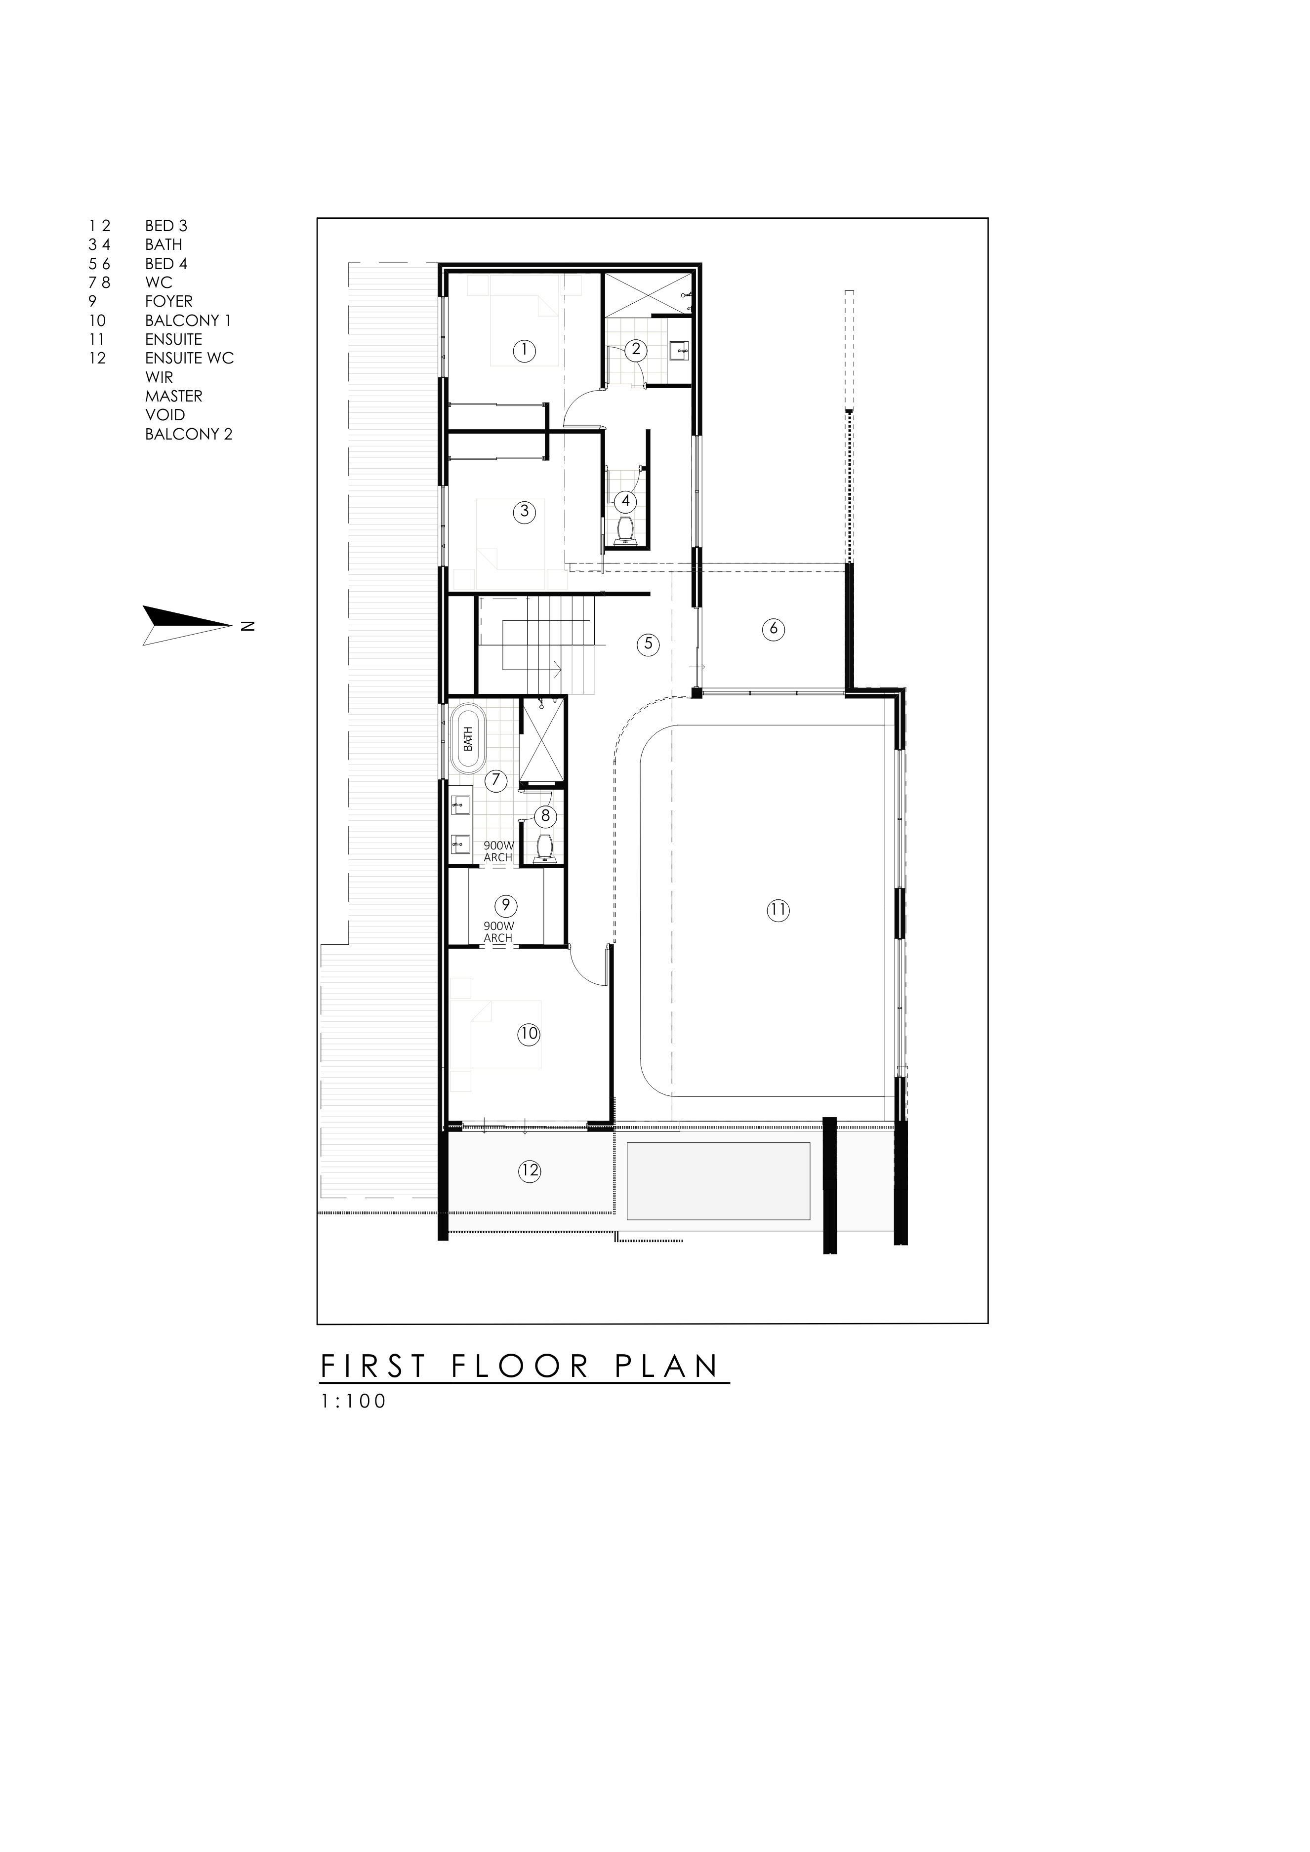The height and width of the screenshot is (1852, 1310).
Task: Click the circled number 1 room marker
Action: [524, 350]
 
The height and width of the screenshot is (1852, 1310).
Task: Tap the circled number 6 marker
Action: [773, 629]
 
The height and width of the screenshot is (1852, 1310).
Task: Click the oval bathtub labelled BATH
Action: [468, 739]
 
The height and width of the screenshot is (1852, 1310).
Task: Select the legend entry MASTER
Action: [173, 396]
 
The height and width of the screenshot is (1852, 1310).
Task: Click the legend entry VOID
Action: [165, 415]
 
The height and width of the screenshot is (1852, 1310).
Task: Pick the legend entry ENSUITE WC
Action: [190, 358]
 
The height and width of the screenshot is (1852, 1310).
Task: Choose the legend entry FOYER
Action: [168, 301]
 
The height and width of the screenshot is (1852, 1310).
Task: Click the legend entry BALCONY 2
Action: [189, 434]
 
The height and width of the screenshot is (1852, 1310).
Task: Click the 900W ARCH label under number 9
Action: [498, 932]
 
